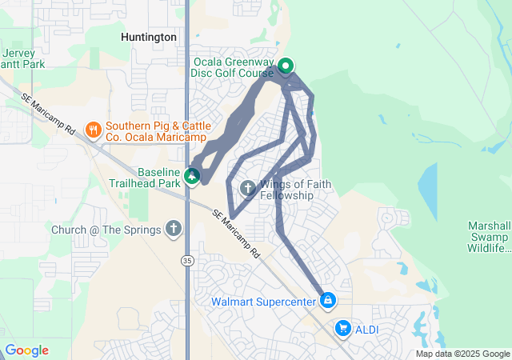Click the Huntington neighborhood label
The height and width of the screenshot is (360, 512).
coord(148,37)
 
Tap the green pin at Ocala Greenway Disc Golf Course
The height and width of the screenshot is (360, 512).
coord(286,66)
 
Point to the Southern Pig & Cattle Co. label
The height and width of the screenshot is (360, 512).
coord(158,132)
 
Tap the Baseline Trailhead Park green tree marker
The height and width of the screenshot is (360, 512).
coord(192,175)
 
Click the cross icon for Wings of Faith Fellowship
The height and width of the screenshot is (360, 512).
coord(247,189)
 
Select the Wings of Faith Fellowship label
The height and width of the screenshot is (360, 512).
coord(296,190)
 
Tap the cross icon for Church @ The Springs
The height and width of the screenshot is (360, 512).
coord(173,229)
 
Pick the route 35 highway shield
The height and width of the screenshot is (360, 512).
coord(186,260)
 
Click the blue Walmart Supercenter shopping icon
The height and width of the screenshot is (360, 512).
coord(327,301)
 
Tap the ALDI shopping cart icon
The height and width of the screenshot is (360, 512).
coord(343,328)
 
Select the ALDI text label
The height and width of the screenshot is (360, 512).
coord(368,329)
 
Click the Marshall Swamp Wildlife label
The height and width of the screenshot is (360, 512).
coord(490,236)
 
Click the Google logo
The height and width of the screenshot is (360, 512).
coord(26,350)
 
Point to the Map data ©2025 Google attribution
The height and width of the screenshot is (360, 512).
coord(462,354)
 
